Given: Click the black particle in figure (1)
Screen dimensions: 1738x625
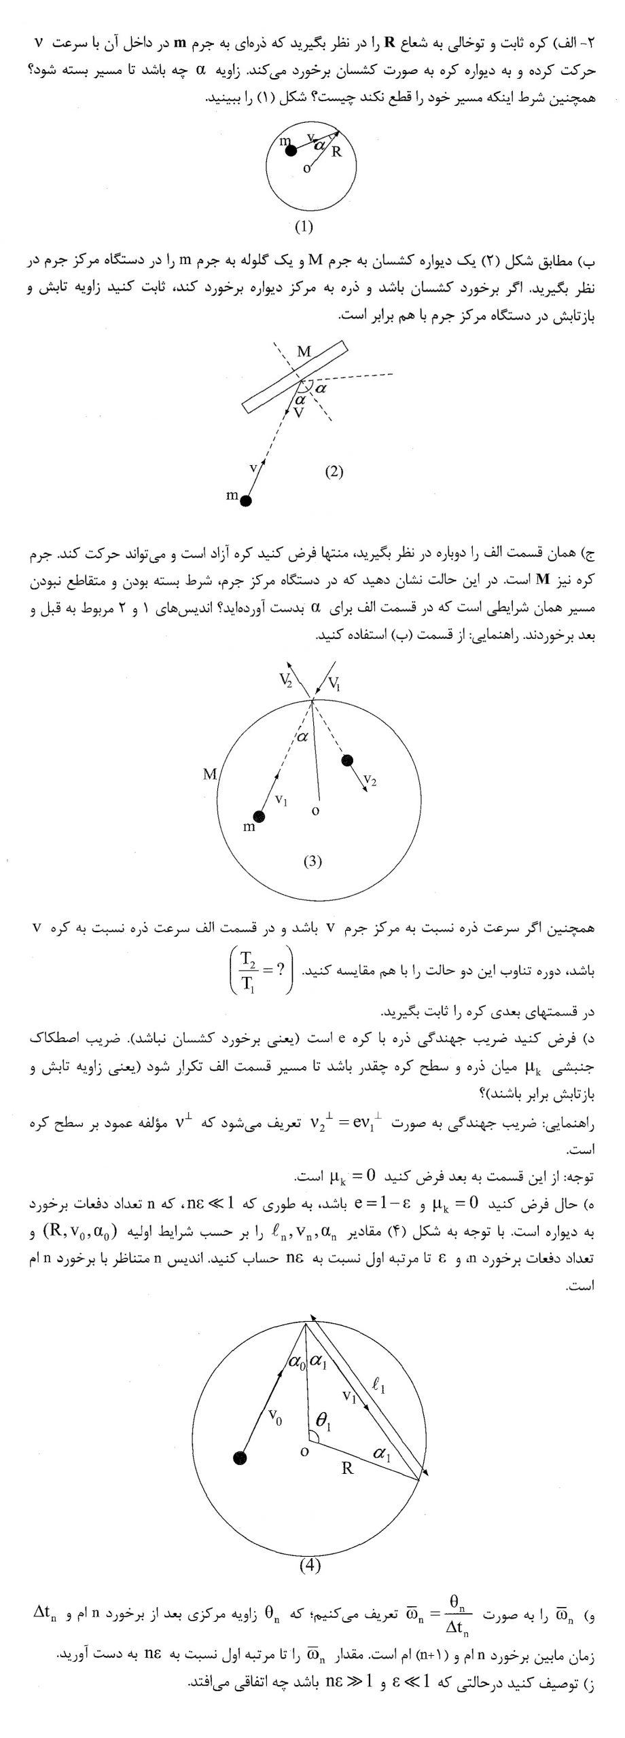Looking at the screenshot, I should tap(291, 151).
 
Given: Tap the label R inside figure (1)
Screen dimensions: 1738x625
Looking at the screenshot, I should tap(336, 152).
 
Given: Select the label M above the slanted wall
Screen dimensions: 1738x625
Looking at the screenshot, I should tap(304, 352).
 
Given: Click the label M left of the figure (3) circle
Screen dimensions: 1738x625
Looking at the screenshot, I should tap(210, 774).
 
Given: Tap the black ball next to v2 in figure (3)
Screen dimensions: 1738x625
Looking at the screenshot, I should tap(348, 759).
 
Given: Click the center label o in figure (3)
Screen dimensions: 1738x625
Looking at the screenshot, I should tap(315, 811).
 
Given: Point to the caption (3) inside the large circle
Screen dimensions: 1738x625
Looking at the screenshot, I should tap(312, 862).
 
